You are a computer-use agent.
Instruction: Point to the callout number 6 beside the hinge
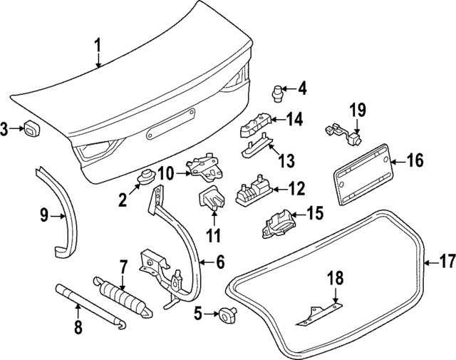[219, 263]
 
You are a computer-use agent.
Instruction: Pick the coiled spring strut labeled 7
[121, 292]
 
